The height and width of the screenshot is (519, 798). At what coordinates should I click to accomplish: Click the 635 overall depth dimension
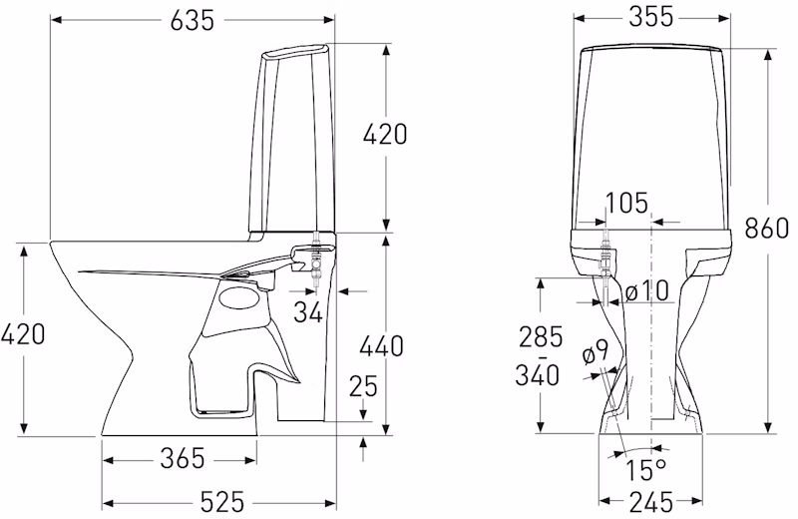pyautogui.click(x=192, y=20)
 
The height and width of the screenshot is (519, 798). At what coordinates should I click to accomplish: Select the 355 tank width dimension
pyautogui.click(x=651, y=17)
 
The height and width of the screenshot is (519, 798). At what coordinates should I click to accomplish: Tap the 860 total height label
pyautogui.click(x=766, y=228)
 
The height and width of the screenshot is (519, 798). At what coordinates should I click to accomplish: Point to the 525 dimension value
pyautogui.click(x=221, y=503)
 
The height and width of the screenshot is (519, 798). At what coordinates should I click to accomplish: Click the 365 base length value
pyautogui.click(x=183, y=458)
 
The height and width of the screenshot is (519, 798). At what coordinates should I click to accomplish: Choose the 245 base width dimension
pyautogui.click(x=651, y=503)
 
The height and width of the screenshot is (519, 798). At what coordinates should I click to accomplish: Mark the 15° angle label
pyautogui.click(x=645, y=470)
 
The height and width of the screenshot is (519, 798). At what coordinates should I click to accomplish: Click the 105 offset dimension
pyautogui.click(x=626, y=203)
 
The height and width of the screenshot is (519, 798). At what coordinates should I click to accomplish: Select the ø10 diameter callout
pyautogui.click(x=646, y=291)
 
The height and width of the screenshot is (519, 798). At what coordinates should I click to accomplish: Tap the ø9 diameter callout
pyautogui.click(x=595, y=351)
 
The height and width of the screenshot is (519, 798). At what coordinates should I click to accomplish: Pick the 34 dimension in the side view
pyautogui.click(x=308, y=311)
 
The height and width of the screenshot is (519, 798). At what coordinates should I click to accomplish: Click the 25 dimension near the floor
pyautogui.click(x=363, y=386)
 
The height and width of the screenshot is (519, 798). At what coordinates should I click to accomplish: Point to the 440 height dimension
pyautogui.click(x=381, y=346)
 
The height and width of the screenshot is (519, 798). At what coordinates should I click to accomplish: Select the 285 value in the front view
pyautogui.click(x=541, y=336)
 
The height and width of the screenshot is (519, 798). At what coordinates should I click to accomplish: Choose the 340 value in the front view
pyautogui.click(x=537, y=375)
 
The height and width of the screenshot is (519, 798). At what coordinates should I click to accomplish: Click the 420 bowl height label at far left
pyautogui.click(x=23, y=334)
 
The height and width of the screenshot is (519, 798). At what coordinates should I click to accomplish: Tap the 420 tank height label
pyautogui.click(x=385, y=135)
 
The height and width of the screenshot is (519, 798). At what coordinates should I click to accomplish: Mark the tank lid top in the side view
pyautogui.click(x=295, y=49)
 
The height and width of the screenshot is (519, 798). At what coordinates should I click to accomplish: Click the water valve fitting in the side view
pyautogui.click(x=316, y=259)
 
